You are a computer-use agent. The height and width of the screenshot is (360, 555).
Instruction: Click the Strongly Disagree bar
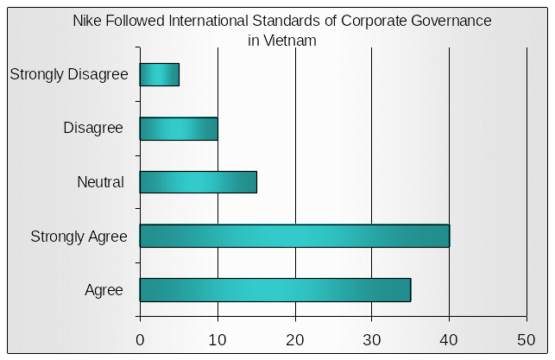tap(159, 75)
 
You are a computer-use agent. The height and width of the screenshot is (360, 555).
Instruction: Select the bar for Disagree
tap(179, 129)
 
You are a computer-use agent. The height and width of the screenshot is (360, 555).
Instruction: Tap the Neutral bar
tap(198, 182)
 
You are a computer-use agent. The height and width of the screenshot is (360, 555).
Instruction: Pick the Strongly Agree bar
tap(294, 236)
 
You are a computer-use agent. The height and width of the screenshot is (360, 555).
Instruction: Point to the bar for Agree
tap(274, 290)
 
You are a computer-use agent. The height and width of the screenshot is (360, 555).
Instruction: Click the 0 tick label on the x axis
tap(140, 339)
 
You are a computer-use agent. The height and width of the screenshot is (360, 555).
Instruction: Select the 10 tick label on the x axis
tap(218, 339)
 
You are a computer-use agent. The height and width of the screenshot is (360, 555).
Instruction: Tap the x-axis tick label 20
tap(295, 339)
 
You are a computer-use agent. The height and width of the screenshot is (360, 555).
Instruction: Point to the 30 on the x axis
tap(372, 339)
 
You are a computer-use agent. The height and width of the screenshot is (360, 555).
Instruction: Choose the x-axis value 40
tap(449, 339)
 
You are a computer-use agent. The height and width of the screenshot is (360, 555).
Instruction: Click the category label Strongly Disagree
tap(69, 74)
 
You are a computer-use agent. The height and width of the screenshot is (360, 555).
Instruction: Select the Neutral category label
tap(101, 182)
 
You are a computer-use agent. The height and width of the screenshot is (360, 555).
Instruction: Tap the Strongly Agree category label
tap(79, 236)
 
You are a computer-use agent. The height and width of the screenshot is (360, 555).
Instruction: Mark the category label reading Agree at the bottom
tap(104, 290)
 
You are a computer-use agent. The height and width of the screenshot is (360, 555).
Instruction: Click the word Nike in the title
tap(87, 21)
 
